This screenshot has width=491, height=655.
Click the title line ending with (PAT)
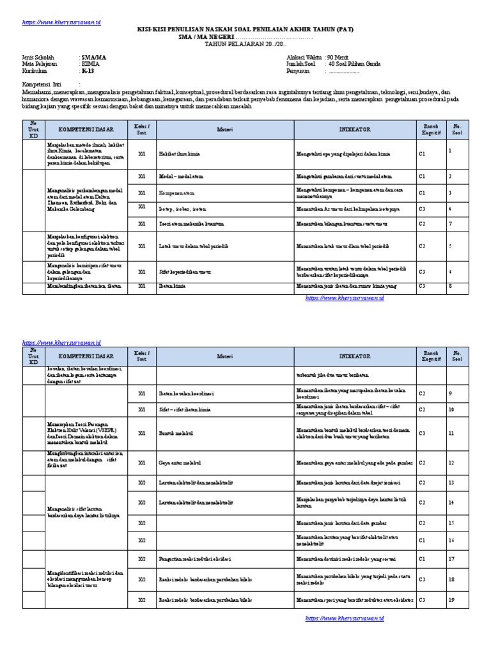click(x=245, y=29)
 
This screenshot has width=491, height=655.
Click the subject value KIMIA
click(x=90, y=64)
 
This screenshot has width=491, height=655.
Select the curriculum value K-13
click(x=87, y=71)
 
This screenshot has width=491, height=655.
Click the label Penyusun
click(x=299, y=71)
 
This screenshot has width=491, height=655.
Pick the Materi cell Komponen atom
click(x=177, y=193)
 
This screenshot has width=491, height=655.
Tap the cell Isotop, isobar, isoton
click(x=184, y=208)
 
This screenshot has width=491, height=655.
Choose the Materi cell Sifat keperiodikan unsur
click(x=185, y=272)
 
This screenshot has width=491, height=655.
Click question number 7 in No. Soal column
click(x=450, y=224)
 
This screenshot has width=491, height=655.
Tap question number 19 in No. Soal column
click(x=451, y=600)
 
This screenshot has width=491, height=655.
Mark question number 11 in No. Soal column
click(x=451, y=433)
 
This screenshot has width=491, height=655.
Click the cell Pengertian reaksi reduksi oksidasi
click(x=194, y=558)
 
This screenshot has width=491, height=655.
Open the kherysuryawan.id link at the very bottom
click(x=345, y=619)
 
